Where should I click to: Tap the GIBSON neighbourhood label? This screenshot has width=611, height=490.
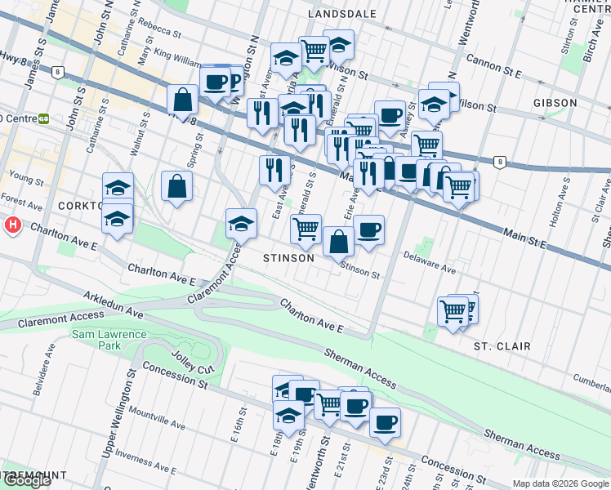click(555, 103)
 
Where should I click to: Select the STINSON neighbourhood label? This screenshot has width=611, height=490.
click(288, 258)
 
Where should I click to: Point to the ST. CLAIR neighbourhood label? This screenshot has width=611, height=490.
click(502, 346)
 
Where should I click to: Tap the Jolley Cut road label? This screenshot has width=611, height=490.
click(193, 360)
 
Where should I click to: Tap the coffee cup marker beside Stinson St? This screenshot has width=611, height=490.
click(368, 229)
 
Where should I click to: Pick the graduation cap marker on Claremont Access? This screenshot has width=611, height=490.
click(242, 224)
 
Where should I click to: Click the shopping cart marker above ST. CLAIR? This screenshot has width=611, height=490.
click(453, 310)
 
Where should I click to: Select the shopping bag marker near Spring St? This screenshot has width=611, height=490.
click(176, 186)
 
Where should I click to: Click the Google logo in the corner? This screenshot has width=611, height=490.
click(27, 480)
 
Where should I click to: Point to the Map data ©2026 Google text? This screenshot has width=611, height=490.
click(560, 483)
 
